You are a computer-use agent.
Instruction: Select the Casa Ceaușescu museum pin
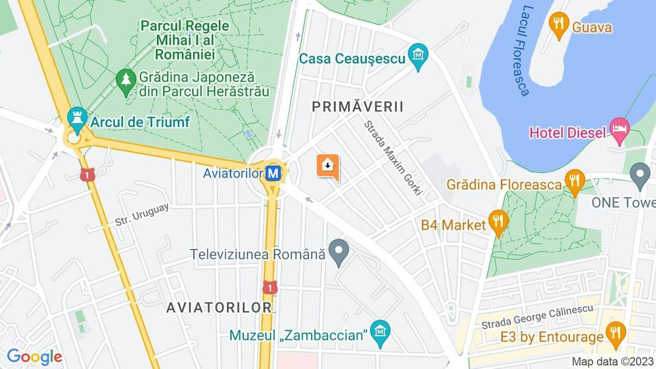[x=418, y=56]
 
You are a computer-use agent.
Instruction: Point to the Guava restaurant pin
[x=558, y=24]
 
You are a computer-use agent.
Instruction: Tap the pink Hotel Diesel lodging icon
[x=620, y=131]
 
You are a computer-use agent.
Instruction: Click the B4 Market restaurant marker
[x=499, y=221]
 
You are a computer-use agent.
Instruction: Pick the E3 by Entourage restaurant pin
[x=616, y=333]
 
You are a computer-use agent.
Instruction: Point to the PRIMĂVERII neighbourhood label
[x=358, y=107]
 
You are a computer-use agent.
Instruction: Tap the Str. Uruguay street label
[x=142, y=214]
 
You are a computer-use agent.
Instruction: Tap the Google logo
[x=34, y=357]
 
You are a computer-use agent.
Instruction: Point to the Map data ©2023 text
[x=612, y=362]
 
